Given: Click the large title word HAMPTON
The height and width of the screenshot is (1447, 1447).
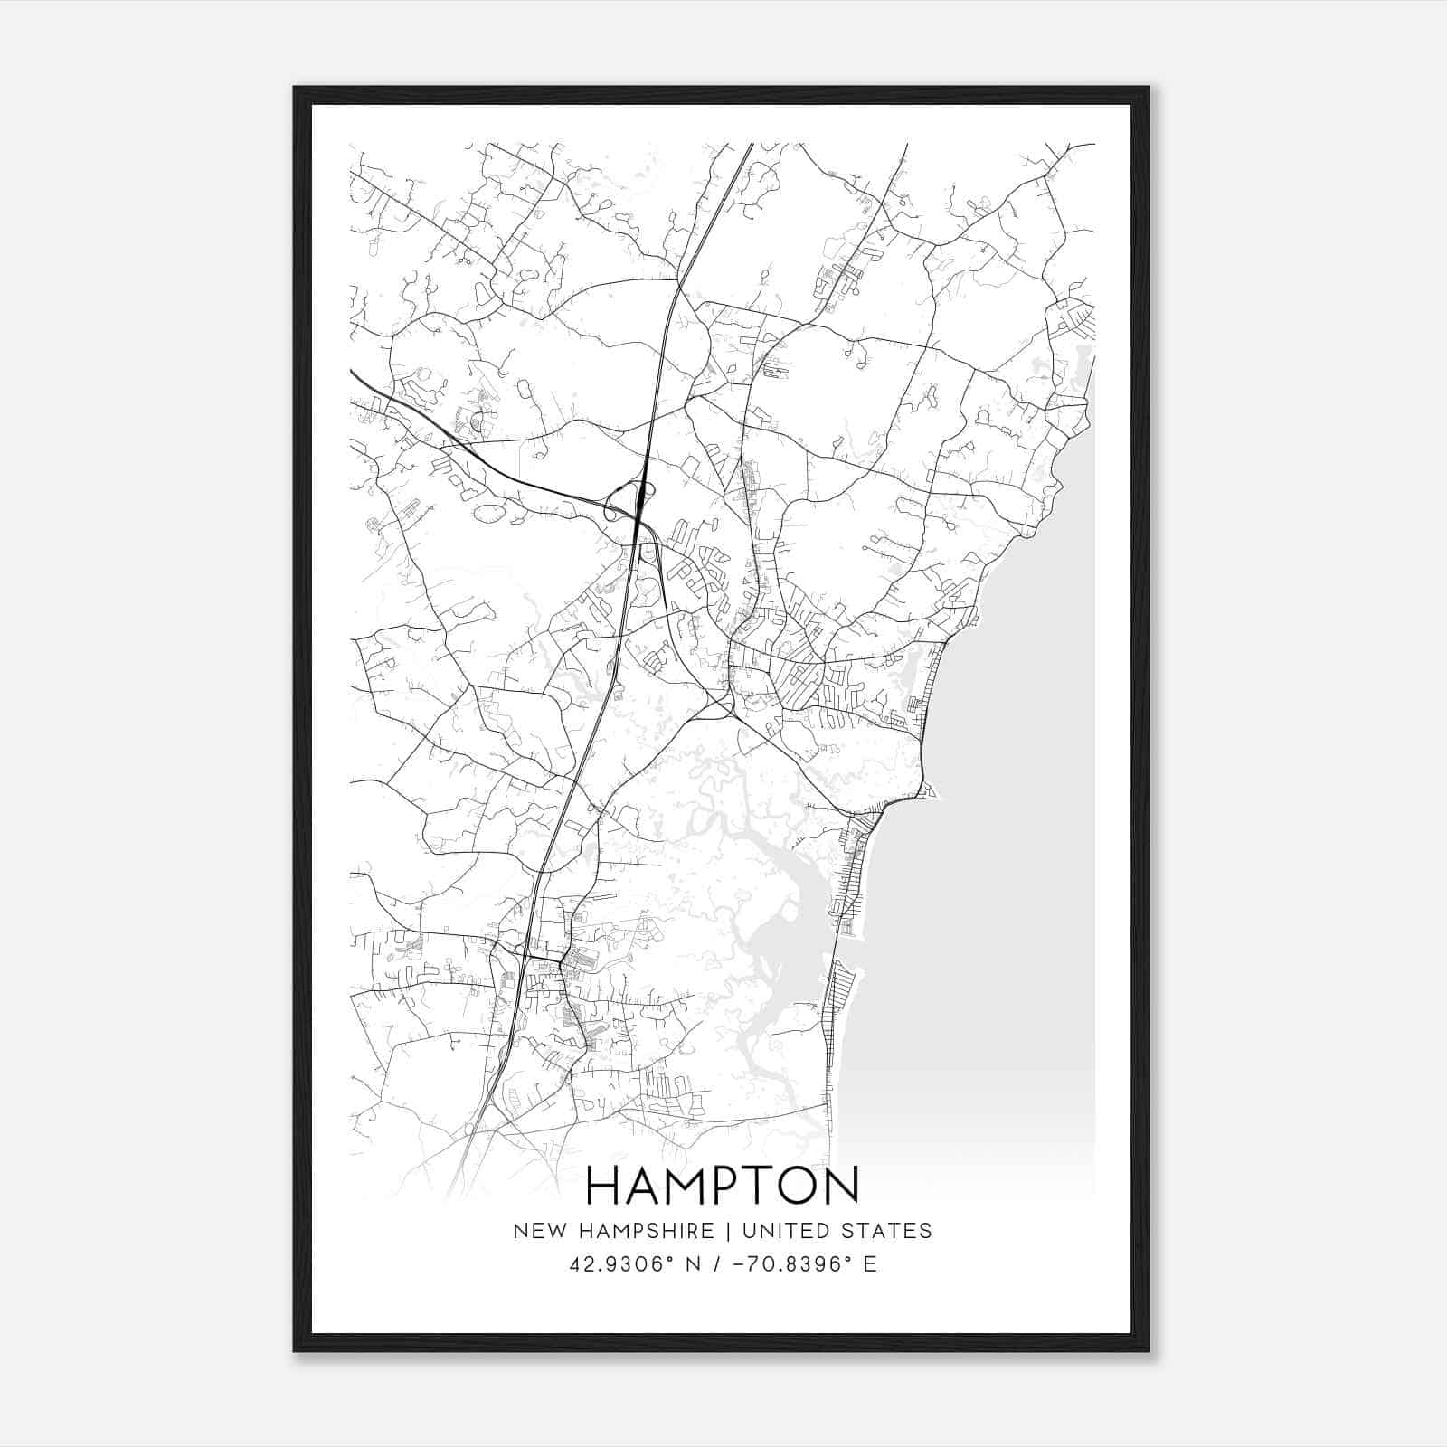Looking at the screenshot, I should pyautogui.click(x=723, y=1186).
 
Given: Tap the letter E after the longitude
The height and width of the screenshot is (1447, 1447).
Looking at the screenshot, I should pyautogui.click(x=870, y=1263).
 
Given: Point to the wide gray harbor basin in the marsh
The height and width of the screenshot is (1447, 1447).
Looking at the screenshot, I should pyautogui.click(x=783, y=932).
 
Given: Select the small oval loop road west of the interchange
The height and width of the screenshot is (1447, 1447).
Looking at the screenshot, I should pyautogui.click(x=489, y=514).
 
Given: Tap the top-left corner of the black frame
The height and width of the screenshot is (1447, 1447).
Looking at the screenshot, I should pyautogui.click(x=295, y=89).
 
